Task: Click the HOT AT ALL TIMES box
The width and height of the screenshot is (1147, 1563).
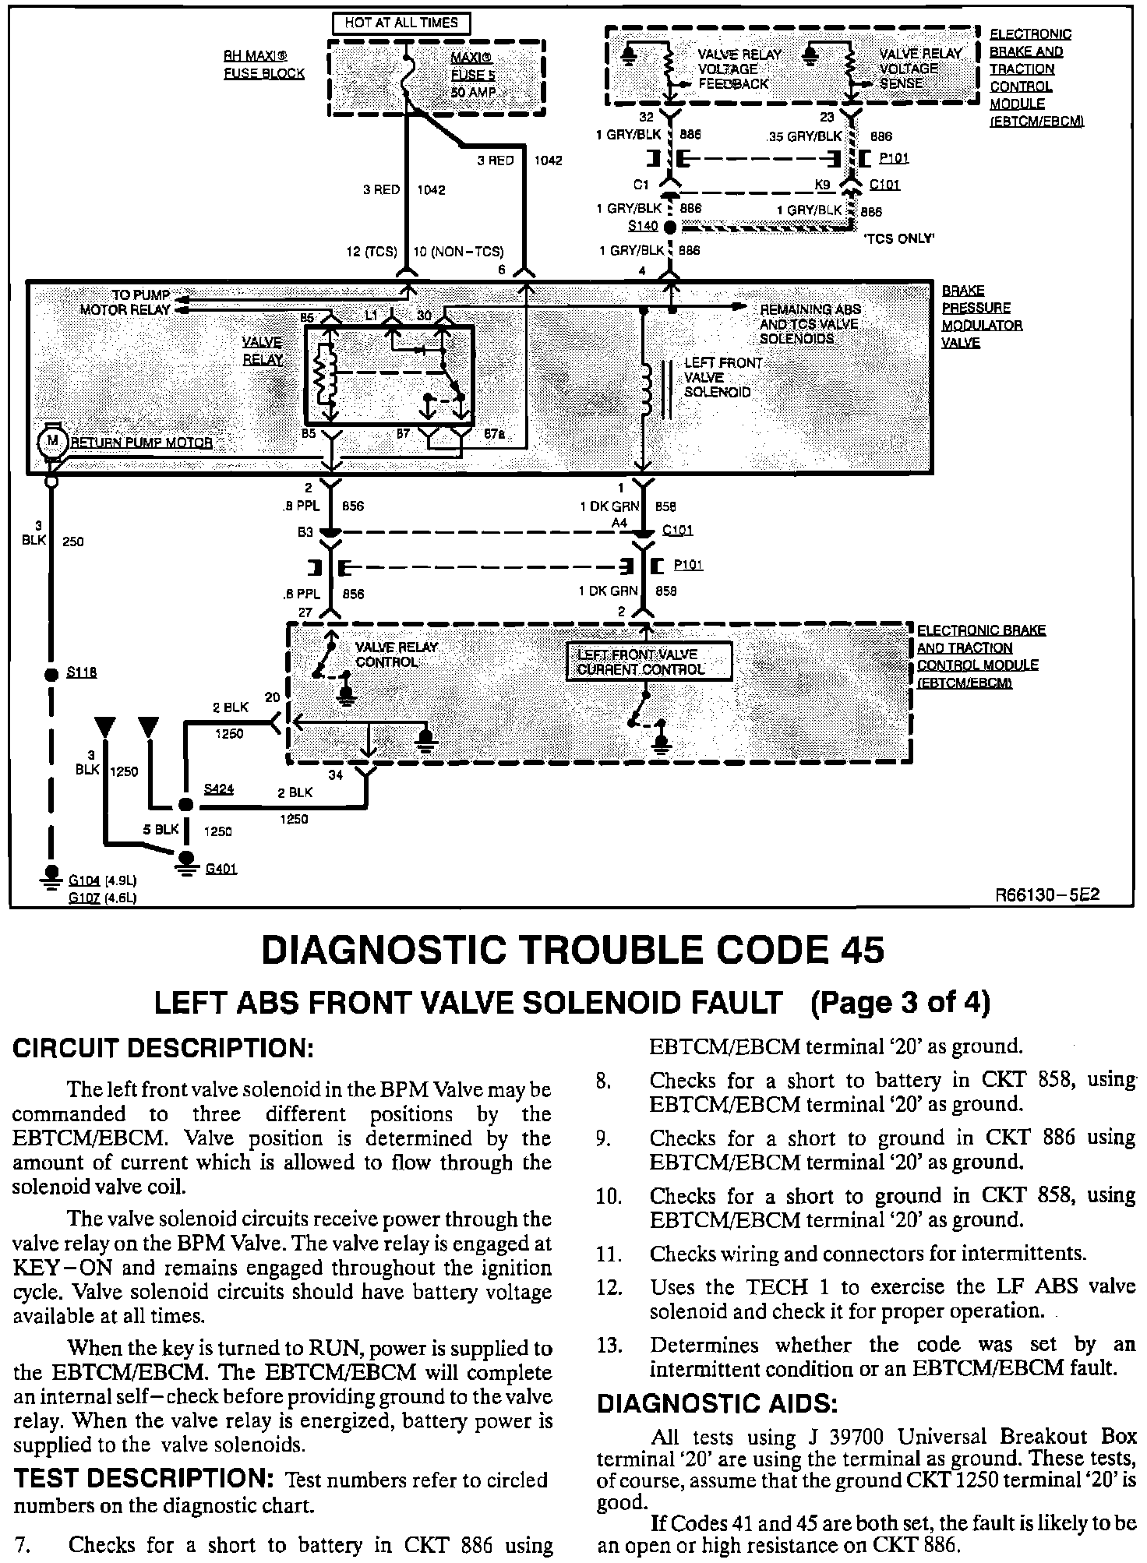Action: pos(401,23)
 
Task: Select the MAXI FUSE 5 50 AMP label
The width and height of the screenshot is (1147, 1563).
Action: pos(472,75)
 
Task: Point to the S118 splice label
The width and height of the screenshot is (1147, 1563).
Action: pos(82,672)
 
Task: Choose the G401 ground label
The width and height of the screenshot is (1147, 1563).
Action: pos(221,869)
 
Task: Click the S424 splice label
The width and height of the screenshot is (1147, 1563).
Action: pos(219,789)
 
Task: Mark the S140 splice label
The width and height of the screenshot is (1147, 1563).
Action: pos(643,227)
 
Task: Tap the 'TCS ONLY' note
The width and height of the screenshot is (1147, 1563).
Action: pos(899,238)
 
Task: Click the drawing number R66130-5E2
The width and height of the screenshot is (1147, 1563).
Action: pos(1047,895)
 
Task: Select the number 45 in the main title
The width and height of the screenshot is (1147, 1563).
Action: pos(862,951)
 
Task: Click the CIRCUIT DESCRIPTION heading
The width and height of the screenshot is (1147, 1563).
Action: pos(163,1049)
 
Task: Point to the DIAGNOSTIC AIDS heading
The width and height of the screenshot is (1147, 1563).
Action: pos(718,1404)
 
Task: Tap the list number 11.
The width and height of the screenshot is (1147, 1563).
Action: pos(609,1254)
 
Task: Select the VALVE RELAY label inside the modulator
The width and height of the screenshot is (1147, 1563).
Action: pos(263,351)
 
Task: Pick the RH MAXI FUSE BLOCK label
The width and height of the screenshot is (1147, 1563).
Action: pos(263,65)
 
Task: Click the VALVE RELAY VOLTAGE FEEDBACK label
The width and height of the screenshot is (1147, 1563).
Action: pos(733,69)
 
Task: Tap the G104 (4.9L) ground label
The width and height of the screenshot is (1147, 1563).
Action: pos(103,880)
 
